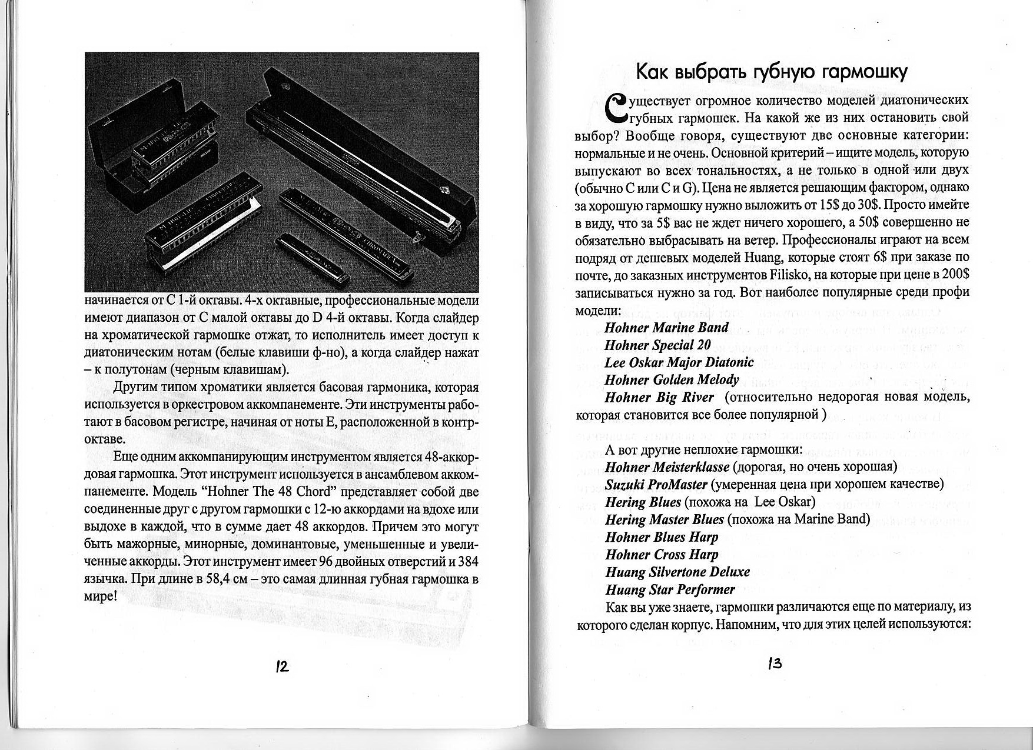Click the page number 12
click(281, 666)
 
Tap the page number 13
click(774, 664)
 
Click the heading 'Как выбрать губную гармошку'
click(772, 72)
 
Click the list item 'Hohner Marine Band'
click(666, 328)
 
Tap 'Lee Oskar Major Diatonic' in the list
click(679, 362)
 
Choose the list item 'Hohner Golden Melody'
click(672, 380)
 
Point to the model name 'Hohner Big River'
click(659, 398)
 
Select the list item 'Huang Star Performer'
click(670, 589)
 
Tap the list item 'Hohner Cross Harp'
click(662, 555)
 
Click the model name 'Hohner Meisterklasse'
click(667, 467)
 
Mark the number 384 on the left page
click(468, 562)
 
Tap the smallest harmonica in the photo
click(315, 254)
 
